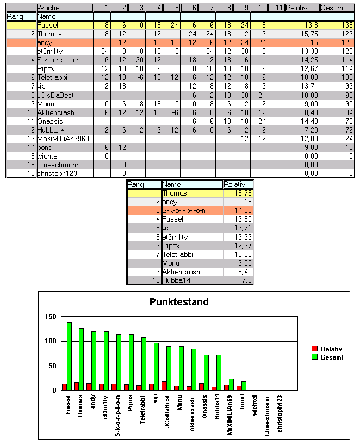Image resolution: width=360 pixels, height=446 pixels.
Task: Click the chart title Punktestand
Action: coord(179,302)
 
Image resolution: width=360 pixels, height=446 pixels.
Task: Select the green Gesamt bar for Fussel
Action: coord(69,356)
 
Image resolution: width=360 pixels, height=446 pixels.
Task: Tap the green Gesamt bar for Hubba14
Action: coord(219,372)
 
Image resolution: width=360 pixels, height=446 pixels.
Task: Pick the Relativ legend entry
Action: coord(331,349)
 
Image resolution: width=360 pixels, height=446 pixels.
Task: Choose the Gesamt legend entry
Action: coord(331,357)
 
